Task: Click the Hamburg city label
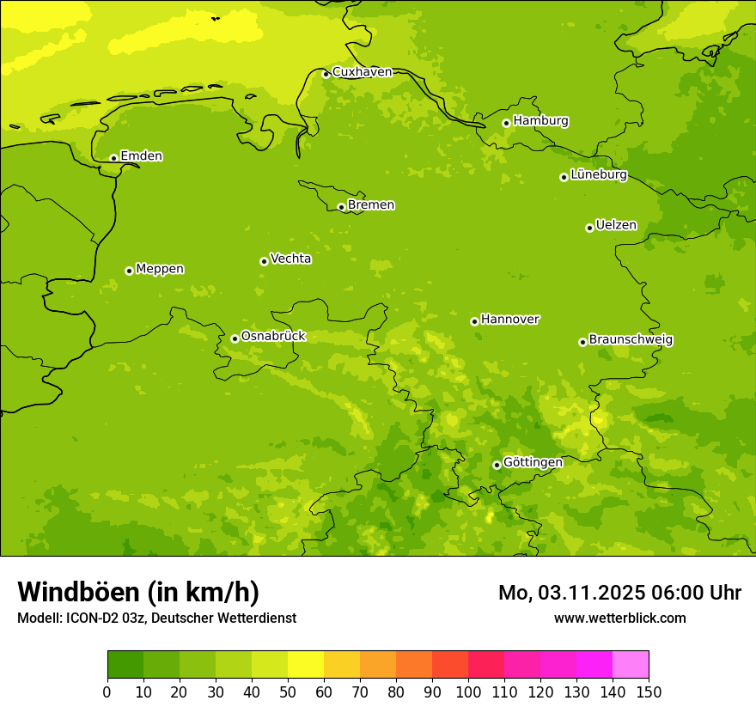click(x=540, y=121)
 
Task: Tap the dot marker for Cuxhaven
click(x=326, y=74)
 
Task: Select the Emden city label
click(x=141, y=156)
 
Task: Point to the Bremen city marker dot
click(x=341, y=207)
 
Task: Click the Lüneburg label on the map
click(x=598, y=175)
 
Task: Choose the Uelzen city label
click(x=616, y=226)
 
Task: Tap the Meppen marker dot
click(x=129, y=271)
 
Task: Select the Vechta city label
click(x=290, y=259)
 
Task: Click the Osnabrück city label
click(x=273, y=336)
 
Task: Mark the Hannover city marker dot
click(x=474, y=321)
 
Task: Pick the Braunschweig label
click(x=631, y=340)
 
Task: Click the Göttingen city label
click(x=533, y=462)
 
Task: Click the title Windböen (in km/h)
click(x=138, y=592)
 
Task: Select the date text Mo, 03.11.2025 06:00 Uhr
click(x=619, y=593)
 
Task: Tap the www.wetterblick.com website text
click(x=619, y=618)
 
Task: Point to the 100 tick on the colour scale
click(x=468, y=691)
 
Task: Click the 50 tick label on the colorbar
click(x=288, y=691)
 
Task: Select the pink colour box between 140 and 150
click(x=631, y=664)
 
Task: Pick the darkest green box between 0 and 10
click(x=125, y=664)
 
